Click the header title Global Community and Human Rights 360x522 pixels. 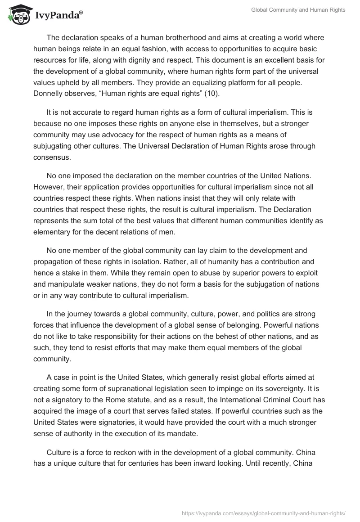298,10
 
